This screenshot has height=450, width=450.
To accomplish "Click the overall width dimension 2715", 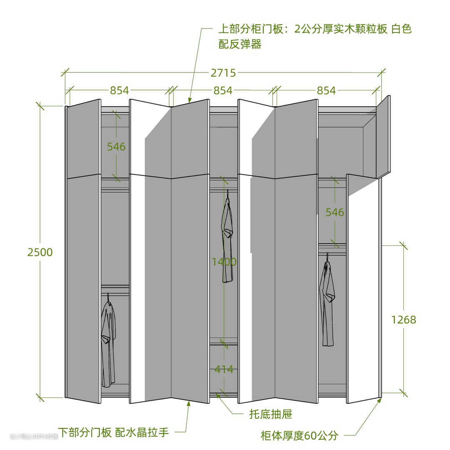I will (x=223, y=73).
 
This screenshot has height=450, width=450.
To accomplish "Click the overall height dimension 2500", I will (x=40, y=252).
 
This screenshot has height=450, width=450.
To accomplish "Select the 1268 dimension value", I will (x=403, y=320).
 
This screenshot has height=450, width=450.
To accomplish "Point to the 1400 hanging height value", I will (x=224, y=262).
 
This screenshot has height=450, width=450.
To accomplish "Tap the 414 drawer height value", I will (x=224, y=369).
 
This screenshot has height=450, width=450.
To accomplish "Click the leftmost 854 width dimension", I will (x=119, y=90).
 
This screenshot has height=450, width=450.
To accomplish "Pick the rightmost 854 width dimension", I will (x=326, y=90).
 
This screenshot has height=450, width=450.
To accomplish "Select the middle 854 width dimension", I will (x=223, y=90).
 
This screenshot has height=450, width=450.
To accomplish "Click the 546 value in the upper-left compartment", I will (x=116, y=147).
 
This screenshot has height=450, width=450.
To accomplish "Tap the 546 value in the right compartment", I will (x=335, y=212).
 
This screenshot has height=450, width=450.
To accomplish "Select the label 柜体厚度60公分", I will (x=299, y=436).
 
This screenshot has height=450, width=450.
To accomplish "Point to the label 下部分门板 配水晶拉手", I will (x=113, y=432).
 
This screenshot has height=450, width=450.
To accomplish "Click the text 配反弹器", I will (x=240, y=45).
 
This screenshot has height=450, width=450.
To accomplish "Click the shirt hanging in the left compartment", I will (x=108, y=342).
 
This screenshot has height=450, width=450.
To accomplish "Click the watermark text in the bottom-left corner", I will (x=33, y=437).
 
